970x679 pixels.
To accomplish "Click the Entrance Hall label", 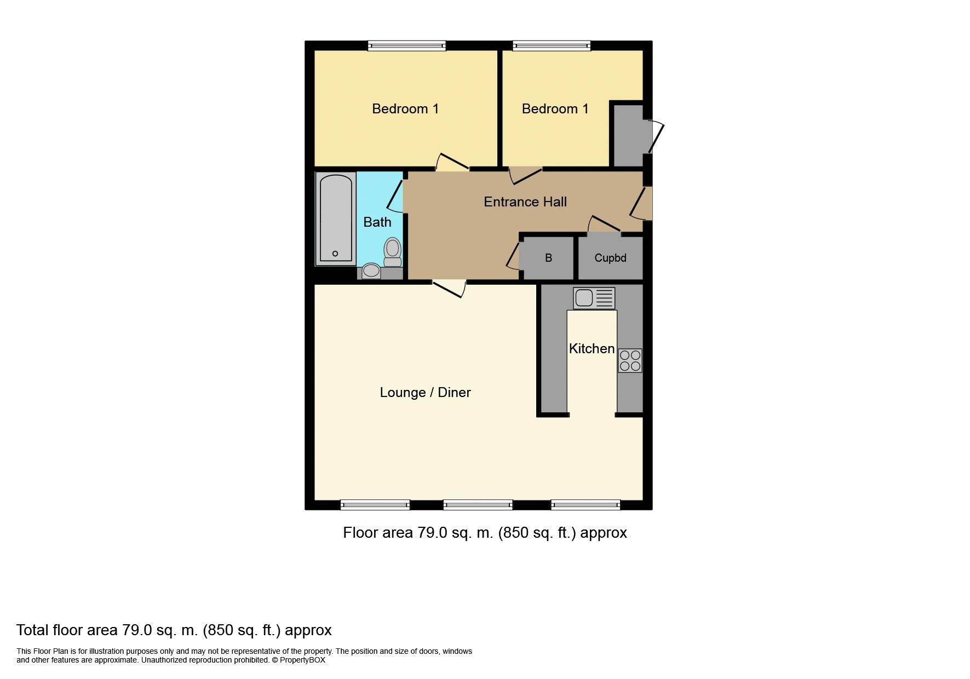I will point(525,202).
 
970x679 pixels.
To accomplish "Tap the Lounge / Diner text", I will point(425,392).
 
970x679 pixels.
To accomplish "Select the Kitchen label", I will point(591,348).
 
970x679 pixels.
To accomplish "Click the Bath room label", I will point(377,222).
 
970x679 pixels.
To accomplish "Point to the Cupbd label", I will point(610,258).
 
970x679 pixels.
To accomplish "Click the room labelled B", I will point(548,258).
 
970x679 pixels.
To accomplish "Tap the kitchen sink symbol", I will point(594,298).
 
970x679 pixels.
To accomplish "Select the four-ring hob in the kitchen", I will point(630,360).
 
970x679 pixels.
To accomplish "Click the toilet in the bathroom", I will point(392,251).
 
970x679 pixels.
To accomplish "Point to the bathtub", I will point(335,219).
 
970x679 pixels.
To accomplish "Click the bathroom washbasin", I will point(371,271).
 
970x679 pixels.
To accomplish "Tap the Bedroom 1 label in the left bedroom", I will point(405,108).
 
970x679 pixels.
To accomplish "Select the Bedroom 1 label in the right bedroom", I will point(555,108).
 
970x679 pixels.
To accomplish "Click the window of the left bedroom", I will point(406,46).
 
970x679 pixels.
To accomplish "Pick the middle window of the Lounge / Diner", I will point(478,504).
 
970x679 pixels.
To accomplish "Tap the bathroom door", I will point(395,195).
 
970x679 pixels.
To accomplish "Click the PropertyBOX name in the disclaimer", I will point(302,660).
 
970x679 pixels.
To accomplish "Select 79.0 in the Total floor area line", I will point(137,630).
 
